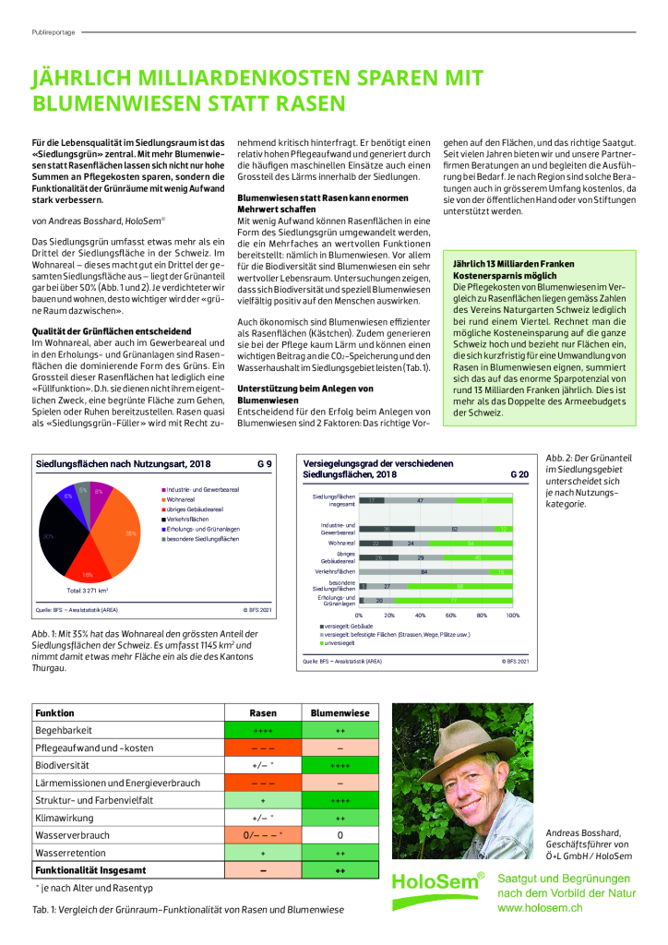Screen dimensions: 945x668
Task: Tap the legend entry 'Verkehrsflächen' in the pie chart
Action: click(x=190, y=520)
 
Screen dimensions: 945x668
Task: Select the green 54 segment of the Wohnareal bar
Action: click(x=471, y=544)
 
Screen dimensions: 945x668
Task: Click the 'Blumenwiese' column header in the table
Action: click(x=340, y=713)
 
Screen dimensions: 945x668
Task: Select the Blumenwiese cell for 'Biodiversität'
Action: click(x=340, y=765)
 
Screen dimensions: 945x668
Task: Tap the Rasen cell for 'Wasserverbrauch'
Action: click(x=263, y=835)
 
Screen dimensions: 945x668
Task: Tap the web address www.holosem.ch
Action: click(x=540, y=908)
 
